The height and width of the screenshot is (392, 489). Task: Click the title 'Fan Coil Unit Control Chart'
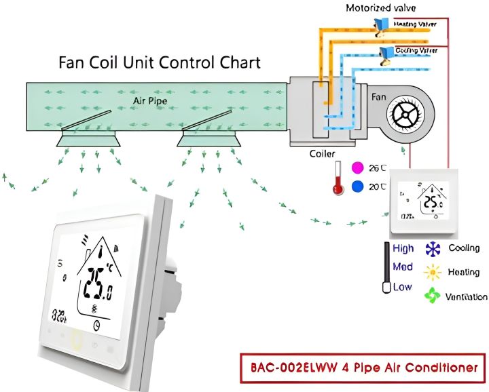(160, 62)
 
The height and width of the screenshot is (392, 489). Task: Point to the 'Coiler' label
(322, 153)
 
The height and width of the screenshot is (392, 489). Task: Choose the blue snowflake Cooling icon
(432, 248)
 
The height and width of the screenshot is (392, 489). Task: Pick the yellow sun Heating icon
(432, 272)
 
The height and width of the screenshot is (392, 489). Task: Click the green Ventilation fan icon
(432, 296)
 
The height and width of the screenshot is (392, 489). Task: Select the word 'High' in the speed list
(403, 248)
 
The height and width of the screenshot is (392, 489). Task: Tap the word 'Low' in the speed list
(402, 287)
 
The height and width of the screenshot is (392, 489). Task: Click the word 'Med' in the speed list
(403, 267)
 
